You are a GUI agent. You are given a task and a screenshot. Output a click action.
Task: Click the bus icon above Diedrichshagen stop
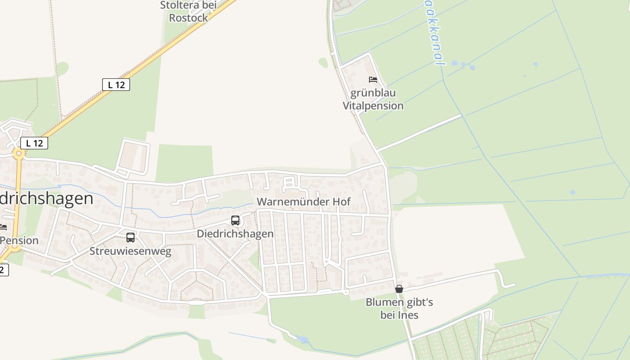click(235, 220)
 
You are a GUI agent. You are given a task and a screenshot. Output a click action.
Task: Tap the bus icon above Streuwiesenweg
click(130, 238)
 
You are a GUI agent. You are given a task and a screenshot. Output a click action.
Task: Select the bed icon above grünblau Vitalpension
click(373, 80)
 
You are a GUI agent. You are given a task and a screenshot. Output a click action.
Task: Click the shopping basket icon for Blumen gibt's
click(399, 289)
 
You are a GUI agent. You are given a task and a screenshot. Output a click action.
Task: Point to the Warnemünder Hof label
click(303, 202)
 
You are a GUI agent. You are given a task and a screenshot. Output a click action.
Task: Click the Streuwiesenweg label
click(130, 251)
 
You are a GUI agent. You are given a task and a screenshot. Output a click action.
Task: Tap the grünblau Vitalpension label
click(373, 99)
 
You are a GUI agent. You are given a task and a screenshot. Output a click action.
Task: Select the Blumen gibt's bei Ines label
click(399, 308)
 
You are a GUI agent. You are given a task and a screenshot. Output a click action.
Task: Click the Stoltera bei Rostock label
click(189, 12)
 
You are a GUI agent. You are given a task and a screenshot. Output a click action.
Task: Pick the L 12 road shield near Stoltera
click(116, 85)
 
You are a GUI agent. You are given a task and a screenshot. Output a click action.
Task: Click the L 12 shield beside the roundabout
click(34, 143)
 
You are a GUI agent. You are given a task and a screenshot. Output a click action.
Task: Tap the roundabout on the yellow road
click(18, 153)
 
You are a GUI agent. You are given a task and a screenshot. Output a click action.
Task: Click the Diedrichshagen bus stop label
click(235, 234)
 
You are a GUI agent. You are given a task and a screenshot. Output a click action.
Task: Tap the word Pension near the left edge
click(19, 240)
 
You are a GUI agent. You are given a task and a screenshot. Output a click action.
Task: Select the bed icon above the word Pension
click(3, 227)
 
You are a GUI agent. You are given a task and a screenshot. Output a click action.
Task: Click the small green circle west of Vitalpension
click(323, 62)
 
